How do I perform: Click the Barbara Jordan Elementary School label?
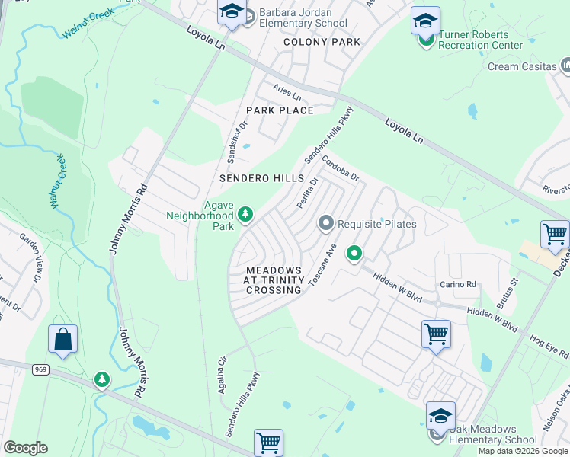303,18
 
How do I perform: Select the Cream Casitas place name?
522,66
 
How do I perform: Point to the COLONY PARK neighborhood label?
321,42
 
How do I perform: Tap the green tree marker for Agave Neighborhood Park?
245,215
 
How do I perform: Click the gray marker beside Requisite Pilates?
326,224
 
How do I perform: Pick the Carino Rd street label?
457,285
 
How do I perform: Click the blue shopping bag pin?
62,340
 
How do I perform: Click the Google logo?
25,448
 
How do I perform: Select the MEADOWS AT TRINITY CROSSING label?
273,280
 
